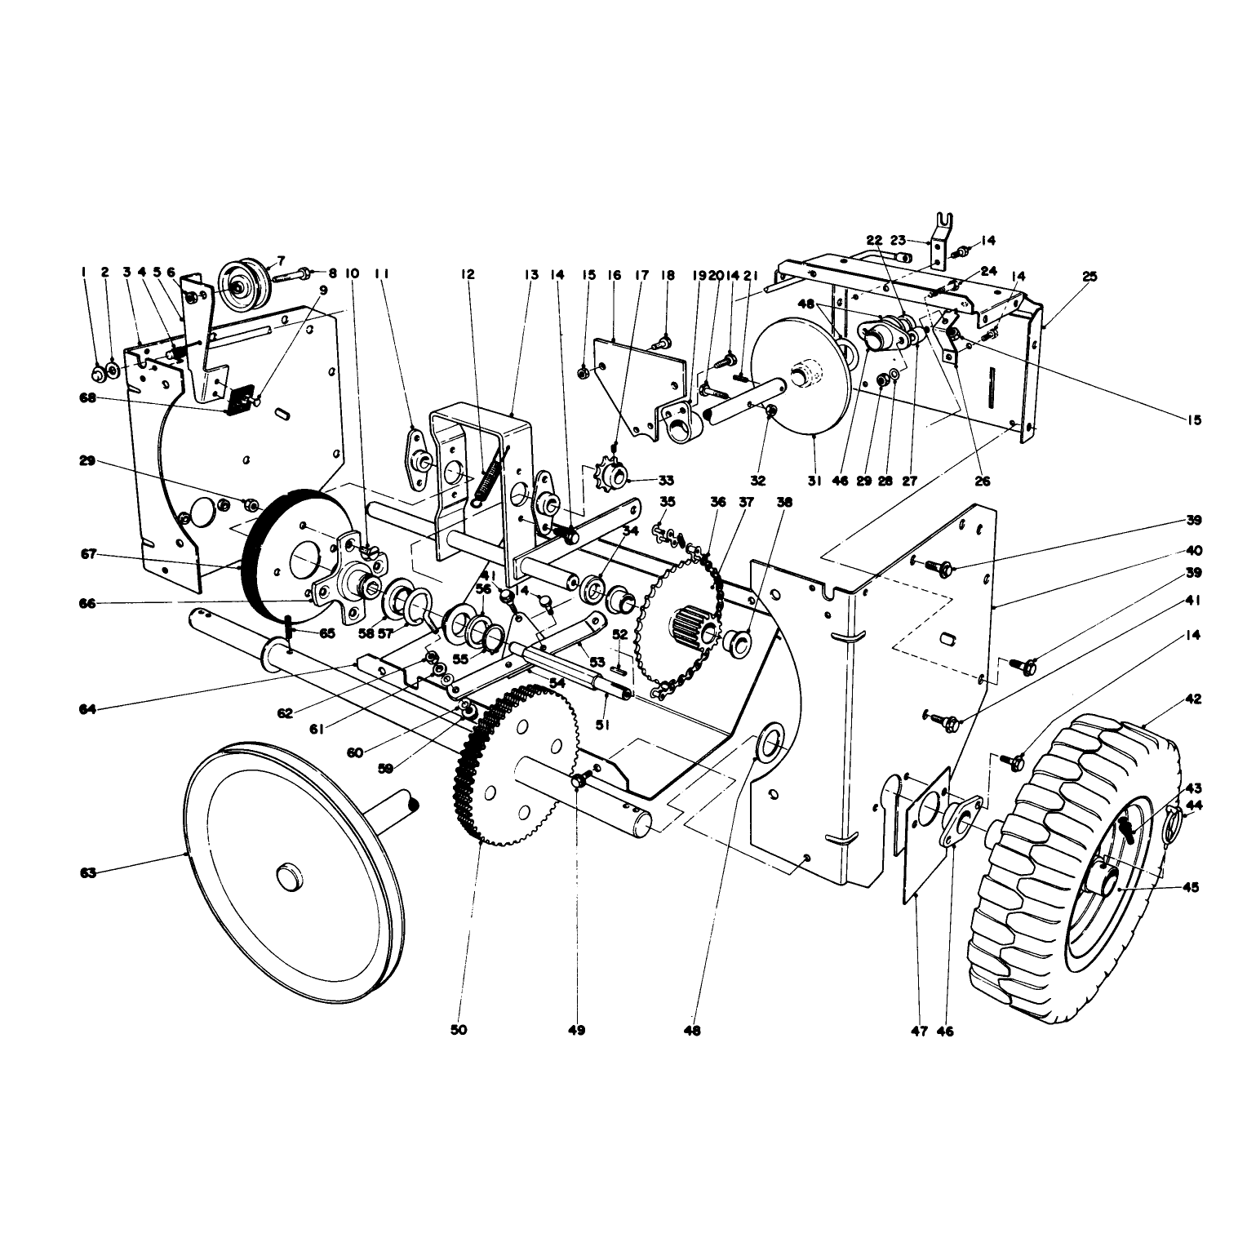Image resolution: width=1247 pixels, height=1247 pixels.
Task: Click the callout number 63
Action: coord(88,873)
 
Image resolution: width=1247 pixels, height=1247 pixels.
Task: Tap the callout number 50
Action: coord(459,1031)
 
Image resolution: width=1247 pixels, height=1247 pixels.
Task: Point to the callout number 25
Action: coord(1089,277)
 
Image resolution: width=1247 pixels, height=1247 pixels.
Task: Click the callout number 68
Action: coord(88,398)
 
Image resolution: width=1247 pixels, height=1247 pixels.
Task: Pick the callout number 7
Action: coord(281,260)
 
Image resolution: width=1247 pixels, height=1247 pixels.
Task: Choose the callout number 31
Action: coord(814,481)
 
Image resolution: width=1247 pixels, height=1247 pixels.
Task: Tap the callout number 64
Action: coord(88,709)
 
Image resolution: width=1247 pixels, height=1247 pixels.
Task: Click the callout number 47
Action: coord(920,1031)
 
